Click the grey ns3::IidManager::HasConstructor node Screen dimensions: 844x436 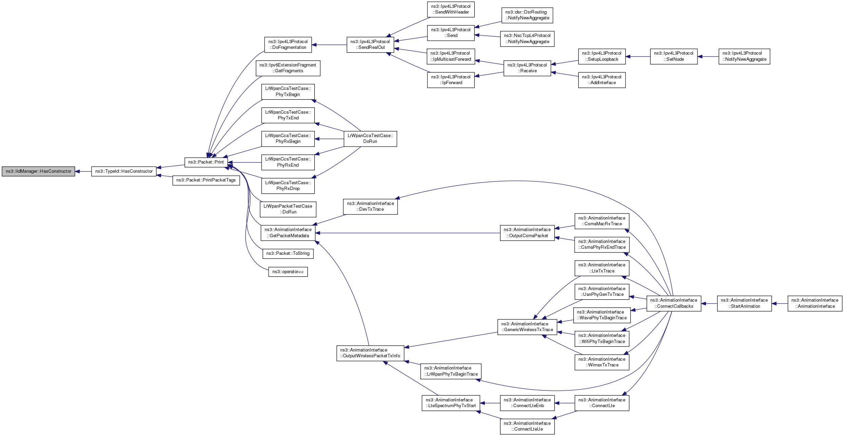38,171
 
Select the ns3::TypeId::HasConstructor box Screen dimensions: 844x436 124,171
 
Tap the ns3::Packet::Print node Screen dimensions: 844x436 206,162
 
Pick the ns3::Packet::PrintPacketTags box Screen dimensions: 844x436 206,180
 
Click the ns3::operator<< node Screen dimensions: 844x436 288,272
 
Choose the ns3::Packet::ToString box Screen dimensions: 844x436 288,253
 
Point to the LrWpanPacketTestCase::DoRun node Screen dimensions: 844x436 288,209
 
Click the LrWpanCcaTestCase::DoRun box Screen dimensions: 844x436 370,139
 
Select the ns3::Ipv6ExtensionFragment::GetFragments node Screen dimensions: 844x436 288,68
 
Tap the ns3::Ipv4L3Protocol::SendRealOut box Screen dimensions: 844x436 370,45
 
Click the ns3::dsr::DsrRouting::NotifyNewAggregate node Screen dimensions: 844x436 527,15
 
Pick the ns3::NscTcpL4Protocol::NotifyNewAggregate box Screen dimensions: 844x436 527,39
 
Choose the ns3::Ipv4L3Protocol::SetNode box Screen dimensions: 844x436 674,56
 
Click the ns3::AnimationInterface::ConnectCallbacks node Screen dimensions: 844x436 674,303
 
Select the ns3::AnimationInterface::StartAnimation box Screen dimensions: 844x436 744,303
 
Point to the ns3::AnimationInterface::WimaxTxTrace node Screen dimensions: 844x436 602,362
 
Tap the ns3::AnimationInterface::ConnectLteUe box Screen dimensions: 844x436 527,426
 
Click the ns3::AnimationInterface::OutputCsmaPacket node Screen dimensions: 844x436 527,233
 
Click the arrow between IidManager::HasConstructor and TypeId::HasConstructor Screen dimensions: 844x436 83,171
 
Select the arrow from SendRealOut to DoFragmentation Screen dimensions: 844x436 329,45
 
